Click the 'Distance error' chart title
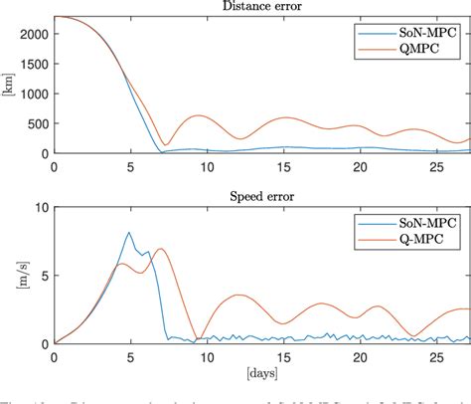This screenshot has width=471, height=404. [261, 6]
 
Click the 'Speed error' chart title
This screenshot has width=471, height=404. [261, 196]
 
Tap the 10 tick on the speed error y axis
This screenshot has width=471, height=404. [41, 207]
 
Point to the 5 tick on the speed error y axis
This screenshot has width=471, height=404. [44, 276]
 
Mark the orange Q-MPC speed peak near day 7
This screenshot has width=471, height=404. [160, 249]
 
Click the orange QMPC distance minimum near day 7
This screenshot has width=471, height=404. [166, 144]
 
